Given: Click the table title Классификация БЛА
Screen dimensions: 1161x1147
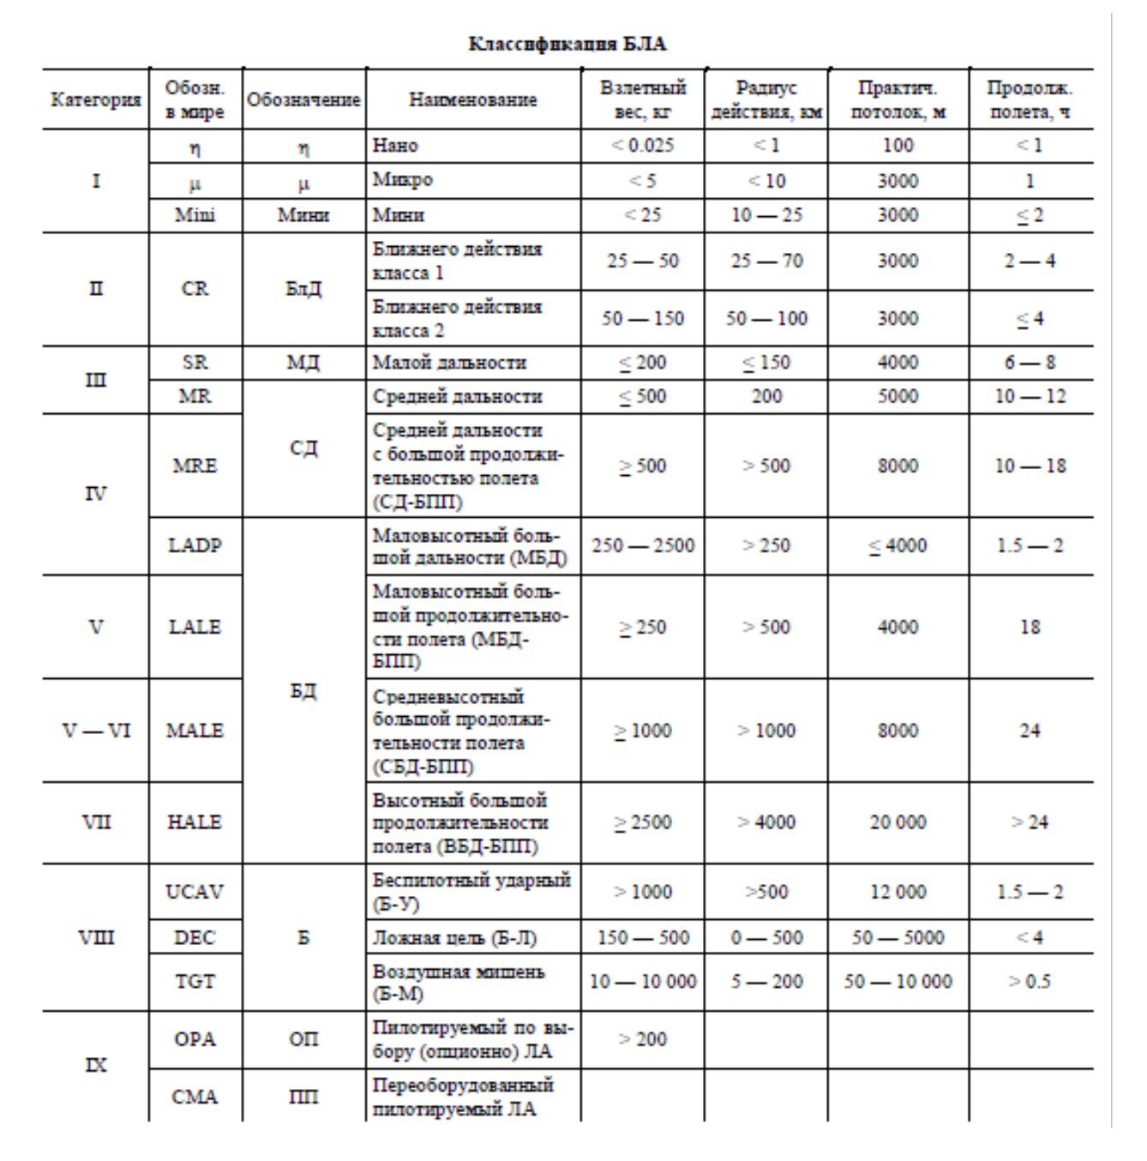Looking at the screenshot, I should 567,44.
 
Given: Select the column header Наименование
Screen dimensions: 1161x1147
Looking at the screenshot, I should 472,99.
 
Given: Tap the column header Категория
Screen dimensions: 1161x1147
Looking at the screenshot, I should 95,99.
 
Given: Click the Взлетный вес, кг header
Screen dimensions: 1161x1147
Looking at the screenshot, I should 642,99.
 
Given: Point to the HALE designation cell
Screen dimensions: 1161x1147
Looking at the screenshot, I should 195,821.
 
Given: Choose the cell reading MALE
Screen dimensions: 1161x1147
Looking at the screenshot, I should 195,731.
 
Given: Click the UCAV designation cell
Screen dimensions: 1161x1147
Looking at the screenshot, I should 195,892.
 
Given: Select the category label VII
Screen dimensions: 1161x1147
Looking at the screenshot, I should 96,821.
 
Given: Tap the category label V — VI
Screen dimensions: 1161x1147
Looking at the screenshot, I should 96,731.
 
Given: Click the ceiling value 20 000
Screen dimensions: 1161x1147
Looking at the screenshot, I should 898,822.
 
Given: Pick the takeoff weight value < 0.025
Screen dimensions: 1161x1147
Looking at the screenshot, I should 642,146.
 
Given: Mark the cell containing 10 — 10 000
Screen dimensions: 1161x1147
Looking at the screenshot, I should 642,981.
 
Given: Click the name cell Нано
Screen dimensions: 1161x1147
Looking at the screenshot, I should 395,146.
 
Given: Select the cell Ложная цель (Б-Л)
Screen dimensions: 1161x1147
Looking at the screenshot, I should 454,937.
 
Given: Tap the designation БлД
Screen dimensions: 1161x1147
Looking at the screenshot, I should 303,289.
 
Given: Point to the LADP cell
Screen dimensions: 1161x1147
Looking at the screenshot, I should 195,545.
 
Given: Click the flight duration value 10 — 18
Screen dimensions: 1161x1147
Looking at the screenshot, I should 1030,466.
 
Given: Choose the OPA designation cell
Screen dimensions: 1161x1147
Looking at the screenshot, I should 195,1039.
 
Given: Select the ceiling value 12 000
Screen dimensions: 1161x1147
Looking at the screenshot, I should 898,892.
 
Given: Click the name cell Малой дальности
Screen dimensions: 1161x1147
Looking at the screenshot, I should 449,363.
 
